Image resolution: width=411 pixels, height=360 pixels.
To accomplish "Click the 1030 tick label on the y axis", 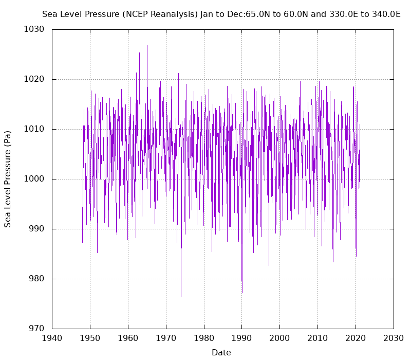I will [34, 29].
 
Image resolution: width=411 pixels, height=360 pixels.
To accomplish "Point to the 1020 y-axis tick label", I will [34, 79].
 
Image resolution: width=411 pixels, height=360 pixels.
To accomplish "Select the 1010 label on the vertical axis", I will [34, 129].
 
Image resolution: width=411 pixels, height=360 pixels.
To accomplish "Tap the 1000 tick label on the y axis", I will [34, 179].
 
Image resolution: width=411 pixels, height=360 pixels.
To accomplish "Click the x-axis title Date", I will [221, 352].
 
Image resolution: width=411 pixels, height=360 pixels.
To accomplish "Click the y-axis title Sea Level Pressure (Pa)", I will [8, 179].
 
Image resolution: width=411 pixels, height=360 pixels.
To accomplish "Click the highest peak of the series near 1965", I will [147, 46].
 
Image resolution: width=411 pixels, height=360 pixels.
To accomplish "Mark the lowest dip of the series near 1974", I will [181, 296].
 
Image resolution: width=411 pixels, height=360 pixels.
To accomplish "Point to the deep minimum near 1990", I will [242, 292].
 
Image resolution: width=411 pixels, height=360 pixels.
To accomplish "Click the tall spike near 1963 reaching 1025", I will [139, 53].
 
